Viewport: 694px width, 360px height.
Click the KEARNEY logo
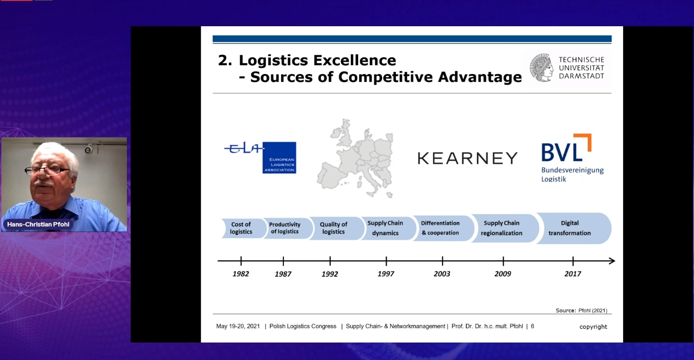pos(467,158)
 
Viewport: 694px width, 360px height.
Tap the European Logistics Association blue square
pos(279,158)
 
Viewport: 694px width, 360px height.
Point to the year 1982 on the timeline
pos(241,274)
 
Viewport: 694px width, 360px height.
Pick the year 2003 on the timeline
pos(442,274)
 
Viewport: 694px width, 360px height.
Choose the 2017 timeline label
pos(573,274)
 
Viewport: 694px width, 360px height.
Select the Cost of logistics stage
pos(241,228)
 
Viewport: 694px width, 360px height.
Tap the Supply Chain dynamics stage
pos(385,228)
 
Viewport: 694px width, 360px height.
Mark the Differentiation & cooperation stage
pos(441,228)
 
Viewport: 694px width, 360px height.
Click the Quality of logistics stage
pos(334,228)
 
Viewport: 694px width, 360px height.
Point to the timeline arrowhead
pos(612,261)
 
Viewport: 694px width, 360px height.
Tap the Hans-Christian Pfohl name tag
pos(38,224)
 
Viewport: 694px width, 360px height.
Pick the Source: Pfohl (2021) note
pos(581,311)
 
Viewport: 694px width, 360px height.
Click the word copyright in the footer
pos(593,327)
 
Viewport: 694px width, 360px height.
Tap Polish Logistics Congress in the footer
pos(303,326)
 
